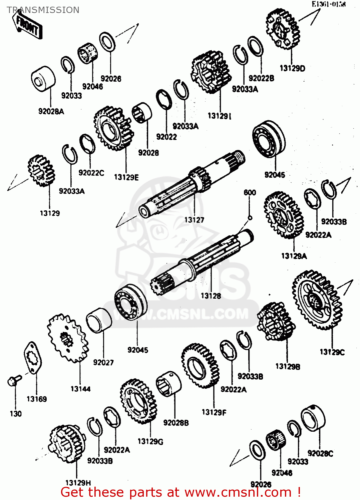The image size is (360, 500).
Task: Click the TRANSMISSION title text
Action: coord(43,10)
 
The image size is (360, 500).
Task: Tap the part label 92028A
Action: coord(51,112)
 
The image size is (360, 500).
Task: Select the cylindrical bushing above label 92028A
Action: coord(43,79)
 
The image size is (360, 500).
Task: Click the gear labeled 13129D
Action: coord(283,29)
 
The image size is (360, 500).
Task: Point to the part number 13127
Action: coord(194,220)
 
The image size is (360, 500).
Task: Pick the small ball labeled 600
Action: coord(250,218)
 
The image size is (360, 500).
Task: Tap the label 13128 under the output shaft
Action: coord(211,296)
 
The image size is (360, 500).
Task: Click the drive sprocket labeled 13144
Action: coord(68,338)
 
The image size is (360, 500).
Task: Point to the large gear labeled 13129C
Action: coord(317,300)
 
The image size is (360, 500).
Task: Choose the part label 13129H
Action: coord(78,483)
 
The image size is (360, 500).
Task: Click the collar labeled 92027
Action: coord(99,320)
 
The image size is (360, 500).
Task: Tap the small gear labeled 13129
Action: coord(41,170)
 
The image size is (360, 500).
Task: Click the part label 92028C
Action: coord(320,453)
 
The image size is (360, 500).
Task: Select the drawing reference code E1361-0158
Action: coord(329,4)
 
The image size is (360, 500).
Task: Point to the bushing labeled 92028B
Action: coord(169,384)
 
